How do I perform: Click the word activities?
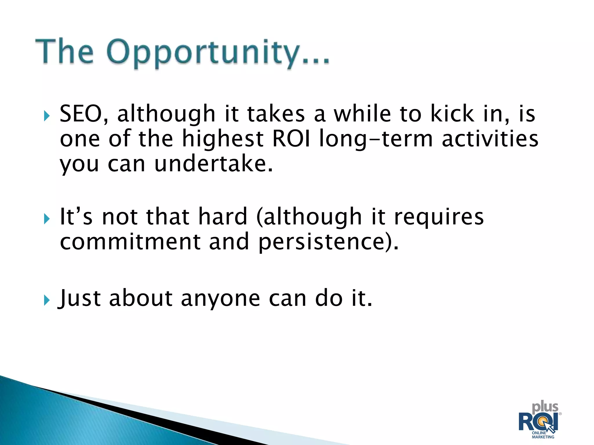490,138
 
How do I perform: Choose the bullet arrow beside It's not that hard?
47,219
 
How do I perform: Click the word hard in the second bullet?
222,216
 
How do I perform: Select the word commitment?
130,241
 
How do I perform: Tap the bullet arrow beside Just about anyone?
47,300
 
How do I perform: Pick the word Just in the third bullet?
79,298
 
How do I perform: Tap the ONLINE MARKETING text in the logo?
543,435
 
